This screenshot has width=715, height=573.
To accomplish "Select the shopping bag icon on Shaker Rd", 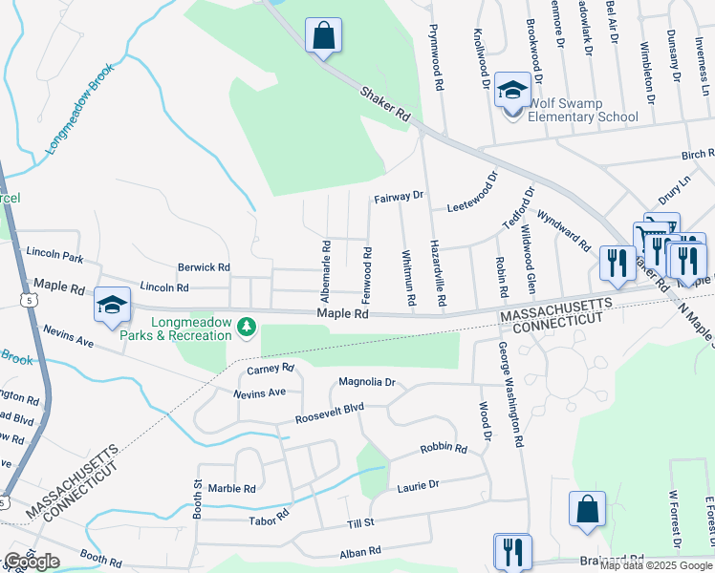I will click(323, 37).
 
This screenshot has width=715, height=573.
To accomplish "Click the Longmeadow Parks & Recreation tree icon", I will click(248, 328).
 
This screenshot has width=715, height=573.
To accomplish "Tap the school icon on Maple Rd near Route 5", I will click(112, 305).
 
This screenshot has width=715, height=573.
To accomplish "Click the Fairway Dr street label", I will click(399, 196).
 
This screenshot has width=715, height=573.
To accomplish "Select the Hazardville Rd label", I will click(438, 274).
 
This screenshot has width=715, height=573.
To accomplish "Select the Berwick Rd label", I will click(204, 267).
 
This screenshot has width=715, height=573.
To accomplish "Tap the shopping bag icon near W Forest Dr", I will click(587, 510).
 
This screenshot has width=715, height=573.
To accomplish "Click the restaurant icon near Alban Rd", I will click(512, 552).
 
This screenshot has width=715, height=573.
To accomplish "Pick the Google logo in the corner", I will click(32, 562).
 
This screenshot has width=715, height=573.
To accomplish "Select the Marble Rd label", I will click(231, 488).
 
